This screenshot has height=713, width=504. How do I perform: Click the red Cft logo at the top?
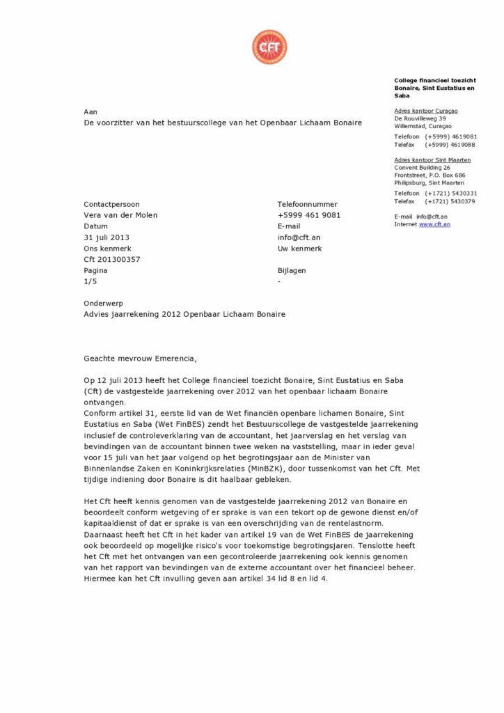[269, 47]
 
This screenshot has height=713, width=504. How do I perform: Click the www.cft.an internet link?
[434, 224]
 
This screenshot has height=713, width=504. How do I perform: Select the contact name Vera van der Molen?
[120, 215]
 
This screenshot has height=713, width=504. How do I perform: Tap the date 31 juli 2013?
[107, 237]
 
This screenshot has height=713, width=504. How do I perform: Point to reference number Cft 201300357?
[111, 260]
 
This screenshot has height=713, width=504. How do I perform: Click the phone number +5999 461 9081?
[309, 215]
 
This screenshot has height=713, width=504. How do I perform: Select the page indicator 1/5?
[90, 282]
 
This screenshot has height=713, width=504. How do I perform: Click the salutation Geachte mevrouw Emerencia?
[140, 359]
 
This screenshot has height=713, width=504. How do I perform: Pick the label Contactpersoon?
[111, 204]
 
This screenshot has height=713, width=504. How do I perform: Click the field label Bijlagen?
[292, 271]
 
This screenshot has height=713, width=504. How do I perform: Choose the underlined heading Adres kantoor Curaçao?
[426, 111]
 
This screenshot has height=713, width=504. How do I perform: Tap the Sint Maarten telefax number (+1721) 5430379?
[451, 201]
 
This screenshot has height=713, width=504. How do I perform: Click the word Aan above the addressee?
[90, 111]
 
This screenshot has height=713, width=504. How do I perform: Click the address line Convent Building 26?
[422, 168]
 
